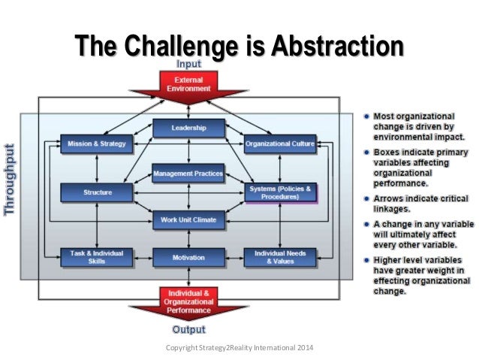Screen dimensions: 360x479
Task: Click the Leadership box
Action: point(188,128)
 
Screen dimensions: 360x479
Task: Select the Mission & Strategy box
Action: point(97,142)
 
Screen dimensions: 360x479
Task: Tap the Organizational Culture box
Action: point(280,142)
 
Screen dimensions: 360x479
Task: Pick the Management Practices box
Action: point(188,174)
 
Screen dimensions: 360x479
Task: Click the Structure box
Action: point(97,192)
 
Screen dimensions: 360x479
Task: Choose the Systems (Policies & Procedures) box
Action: point(280,192)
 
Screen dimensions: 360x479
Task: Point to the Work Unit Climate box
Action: point(188,219)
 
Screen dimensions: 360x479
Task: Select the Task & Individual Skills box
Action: point(97,258)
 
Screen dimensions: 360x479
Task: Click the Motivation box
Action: point(188,258)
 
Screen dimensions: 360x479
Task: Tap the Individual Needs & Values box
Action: point(280,258)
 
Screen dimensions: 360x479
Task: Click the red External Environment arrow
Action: point(188,86)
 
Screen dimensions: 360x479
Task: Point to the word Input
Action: point(188,65)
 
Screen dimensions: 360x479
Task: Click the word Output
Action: point(188,328)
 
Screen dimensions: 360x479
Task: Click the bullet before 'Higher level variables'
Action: point(362,261)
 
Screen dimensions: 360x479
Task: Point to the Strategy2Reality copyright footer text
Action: point(239,348)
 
